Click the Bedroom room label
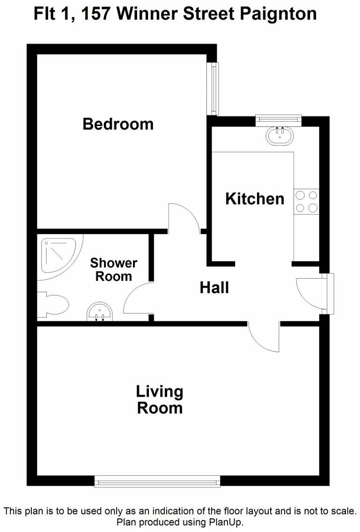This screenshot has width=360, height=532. coord(118,124)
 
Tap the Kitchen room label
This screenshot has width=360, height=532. coord(255,199)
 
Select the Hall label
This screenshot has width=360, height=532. coord(214,287)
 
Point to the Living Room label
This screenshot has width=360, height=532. coord(160,399)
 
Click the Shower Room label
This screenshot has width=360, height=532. coord(114,269)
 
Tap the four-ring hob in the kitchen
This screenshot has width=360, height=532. coord(306,201)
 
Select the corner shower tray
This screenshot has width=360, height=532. coord(56,255)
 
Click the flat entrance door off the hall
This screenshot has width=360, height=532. coord(311,293)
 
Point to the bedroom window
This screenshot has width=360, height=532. coord(213,89)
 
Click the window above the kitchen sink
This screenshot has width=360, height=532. coord(279,120)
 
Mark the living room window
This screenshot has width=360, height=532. coord(157,481)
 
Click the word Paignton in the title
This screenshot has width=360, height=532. coord(278,14)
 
